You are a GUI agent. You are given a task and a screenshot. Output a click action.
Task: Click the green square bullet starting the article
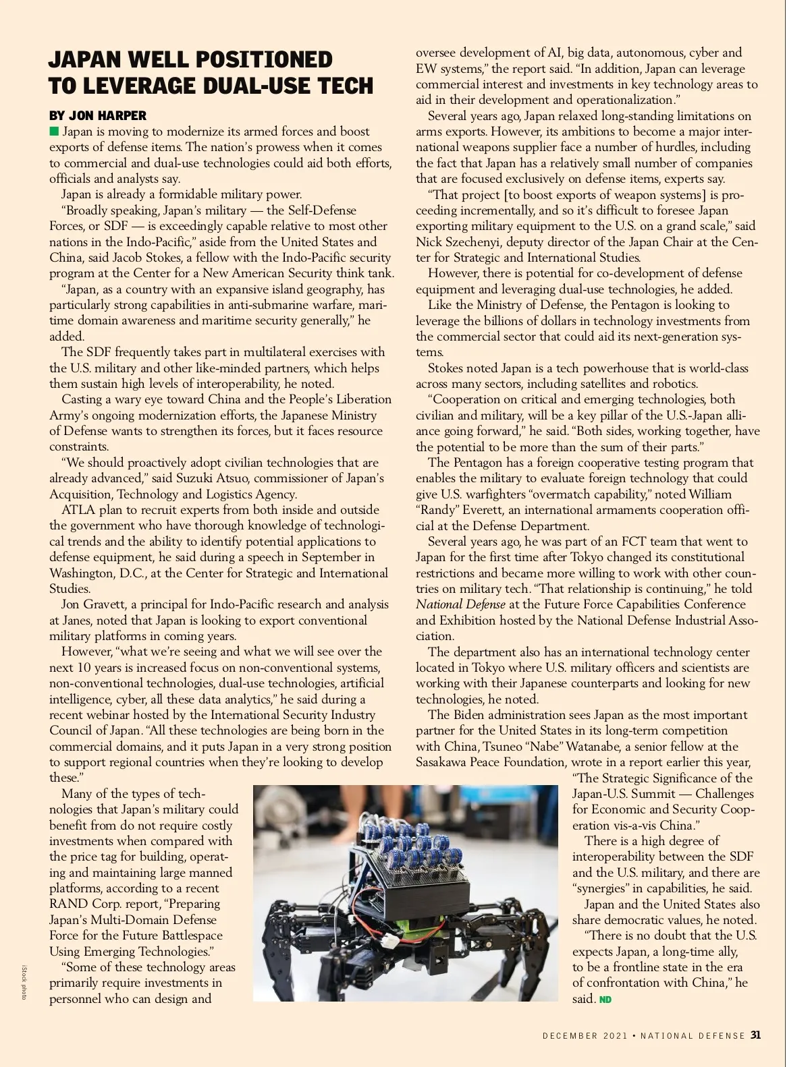pos(54,131)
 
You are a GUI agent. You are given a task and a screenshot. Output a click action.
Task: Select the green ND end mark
pos(605,1000)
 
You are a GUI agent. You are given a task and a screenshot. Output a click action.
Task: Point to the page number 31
pos(756,1035)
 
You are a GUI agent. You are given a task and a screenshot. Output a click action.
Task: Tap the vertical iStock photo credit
pos(24,982)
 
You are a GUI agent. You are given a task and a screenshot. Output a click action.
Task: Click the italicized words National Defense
pos(460,604)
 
